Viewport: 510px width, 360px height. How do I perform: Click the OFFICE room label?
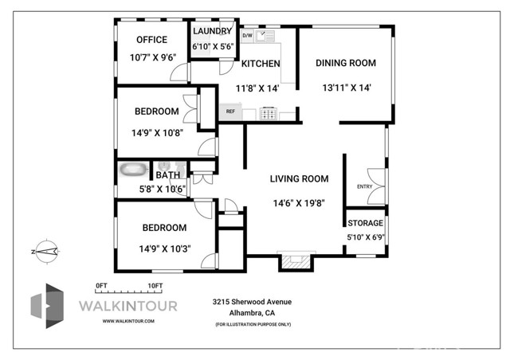151,40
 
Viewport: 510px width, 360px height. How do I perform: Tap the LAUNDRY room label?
212,31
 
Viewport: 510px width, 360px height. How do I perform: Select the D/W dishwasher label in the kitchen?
247,36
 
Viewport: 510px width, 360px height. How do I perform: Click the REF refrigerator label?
230,112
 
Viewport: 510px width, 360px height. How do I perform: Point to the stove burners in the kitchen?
269,113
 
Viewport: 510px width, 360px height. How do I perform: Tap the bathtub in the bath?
133,170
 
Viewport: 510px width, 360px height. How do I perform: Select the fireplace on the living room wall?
294,262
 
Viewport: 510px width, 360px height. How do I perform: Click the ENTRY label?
364,186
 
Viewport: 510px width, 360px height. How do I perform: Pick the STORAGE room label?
365,223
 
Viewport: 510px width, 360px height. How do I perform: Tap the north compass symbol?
46,250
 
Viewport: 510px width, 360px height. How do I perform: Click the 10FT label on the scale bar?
155,285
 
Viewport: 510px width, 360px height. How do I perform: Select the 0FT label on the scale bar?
101,285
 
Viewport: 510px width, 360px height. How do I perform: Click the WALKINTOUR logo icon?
47,306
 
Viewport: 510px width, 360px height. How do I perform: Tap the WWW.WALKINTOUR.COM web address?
127,321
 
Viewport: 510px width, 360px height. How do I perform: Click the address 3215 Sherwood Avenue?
252,302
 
